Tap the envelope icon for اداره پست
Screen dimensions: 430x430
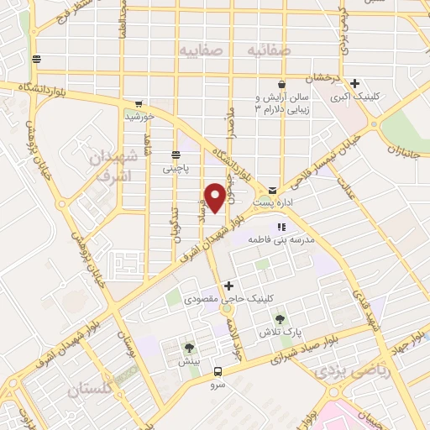tap(274, 191)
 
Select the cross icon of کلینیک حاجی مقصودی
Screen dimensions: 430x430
tap(228, 286)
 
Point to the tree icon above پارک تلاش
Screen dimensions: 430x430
tap(280, 319)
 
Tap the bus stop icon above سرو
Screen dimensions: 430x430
tap(218, 371)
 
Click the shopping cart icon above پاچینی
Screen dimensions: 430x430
tap(176, 155)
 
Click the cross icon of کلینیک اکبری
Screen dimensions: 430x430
tap(355, 83)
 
